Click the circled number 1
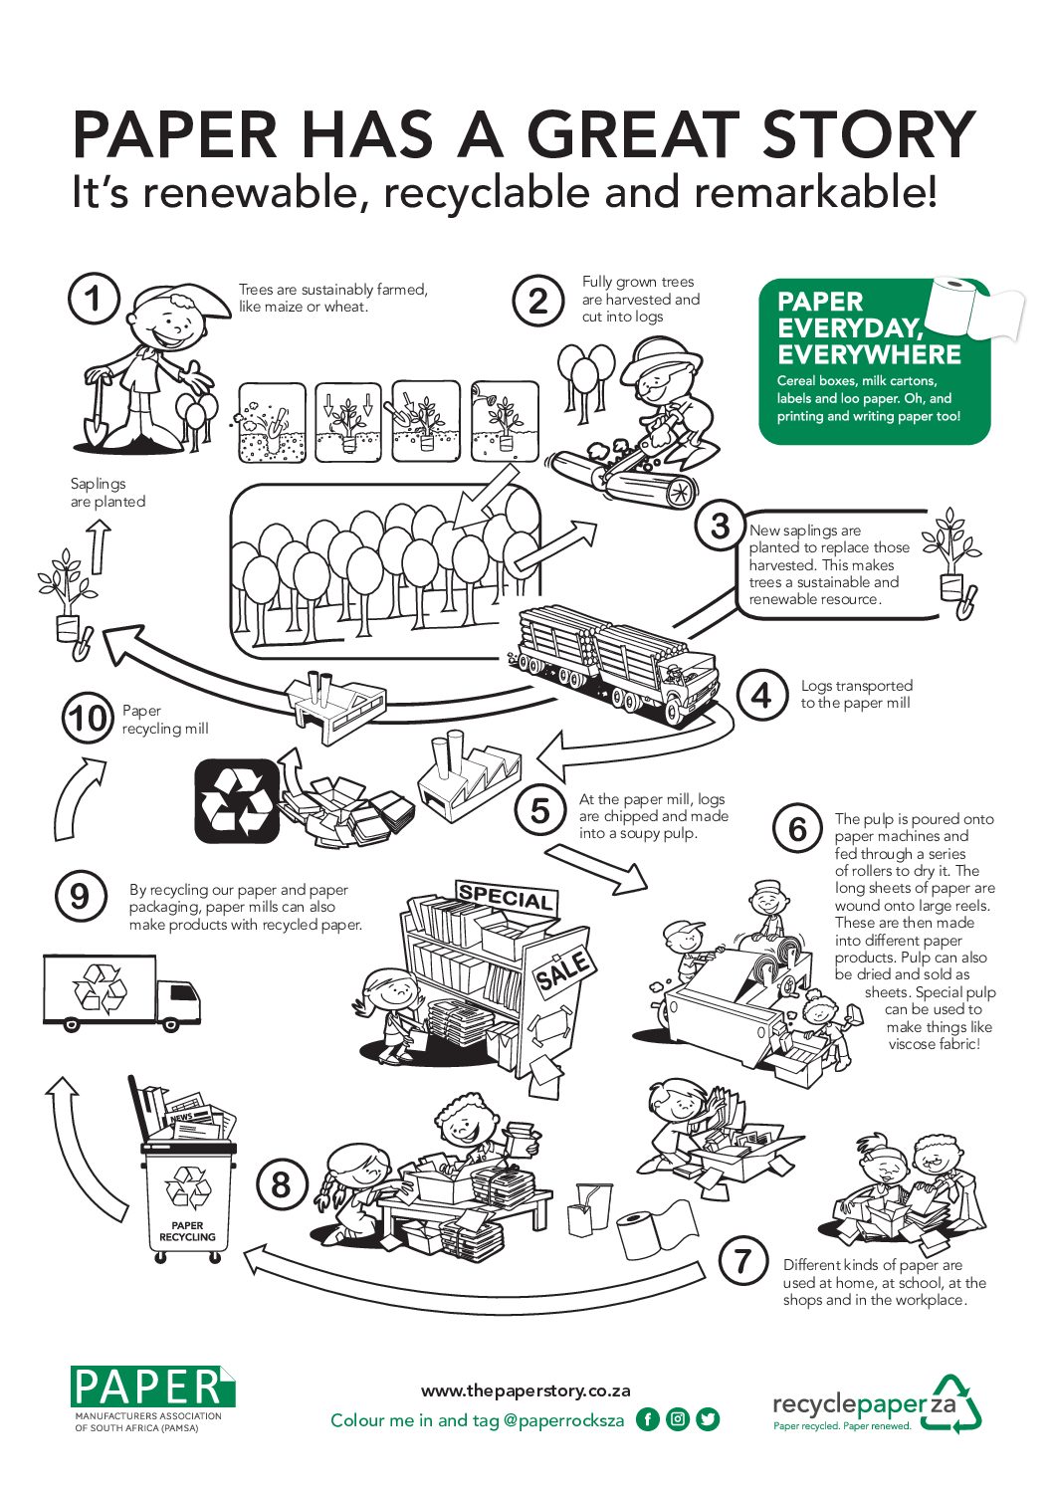pos(94,299)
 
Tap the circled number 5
pos(539,810)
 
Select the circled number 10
pos(88,719)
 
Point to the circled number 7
pos(742,1262)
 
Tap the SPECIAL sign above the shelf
pos(505,897)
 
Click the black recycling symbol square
pos(236,798)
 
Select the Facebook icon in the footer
pos(647,1419)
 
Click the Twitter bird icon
pos(708,1419)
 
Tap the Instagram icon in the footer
pos(678,1419)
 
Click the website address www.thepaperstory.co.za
pos(526,1390)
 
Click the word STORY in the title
pos(868,134)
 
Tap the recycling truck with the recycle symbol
pos(121,992)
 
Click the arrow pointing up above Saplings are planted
pos(99,545)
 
